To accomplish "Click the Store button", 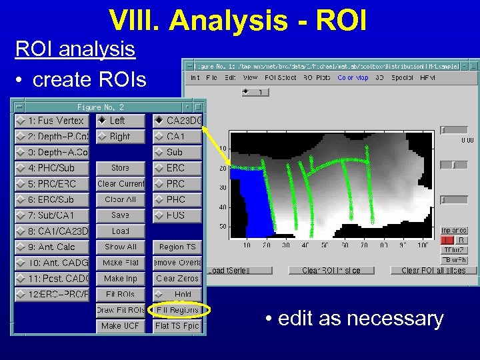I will click(121, 168).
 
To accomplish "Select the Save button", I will click(121, 215).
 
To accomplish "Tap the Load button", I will click(121, 231).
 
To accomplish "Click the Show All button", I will click(121, 247).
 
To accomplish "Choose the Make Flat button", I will click(121, 263).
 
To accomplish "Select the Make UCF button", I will click(121, 326).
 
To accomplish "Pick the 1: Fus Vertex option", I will click(51, 121).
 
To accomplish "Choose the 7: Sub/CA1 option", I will click(51, 215).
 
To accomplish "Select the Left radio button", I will click(120, 121).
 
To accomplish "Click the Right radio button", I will click(120, 137).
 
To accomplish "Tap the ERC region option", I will click(177, 168).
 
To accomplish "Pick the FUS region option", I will click(177, 215).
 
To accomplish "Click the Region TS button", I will click(177, 247).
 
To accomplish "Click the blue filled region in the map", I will click(251, 200).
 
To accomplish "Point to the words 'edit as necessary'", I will click(354, 319).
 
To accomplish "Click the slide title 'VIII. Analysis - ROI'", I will click(238, 20).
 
